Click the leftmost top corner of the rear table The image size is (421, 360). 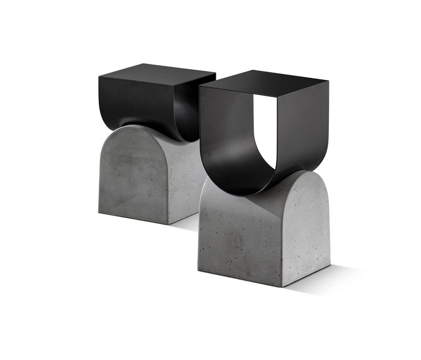click(x=98, y=75)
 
